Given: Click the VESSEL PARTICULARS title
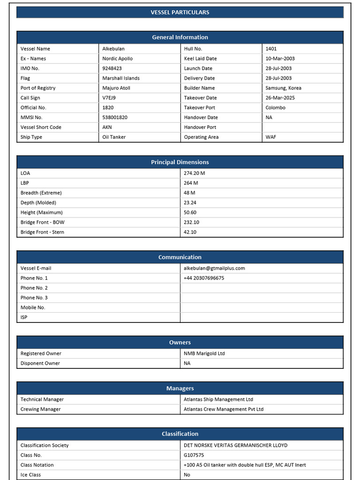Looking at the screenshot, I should pos(180,12).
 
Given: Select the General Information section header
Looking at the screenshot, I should pos(180,37).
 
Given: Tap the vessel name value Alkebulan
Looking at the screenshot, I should pos(113,49).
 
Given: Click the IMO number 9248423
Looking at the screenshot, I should pos(112,68).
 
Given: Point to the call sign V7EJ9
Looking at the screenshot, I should pos(109,98).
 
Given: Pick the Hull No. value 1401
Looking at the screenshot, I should pos(271,49).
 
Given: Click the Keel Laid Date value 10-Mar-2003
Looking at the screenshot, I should pos(280,59).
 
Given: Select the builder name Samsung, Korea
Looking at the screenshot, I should pos(283,88).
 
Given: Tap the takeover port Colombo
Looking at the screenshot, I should pos(275,108).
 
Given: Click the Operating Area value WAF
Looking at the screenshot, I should pos(270,137).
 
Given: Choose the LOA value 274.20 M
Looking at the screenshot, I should pos(194,173).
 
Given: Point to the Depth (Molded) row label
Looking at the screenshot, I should pos(38,203).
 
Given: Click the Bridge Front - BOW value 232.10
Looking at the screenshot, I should pos(191,223).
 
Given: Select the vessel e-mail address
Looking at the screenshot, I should pos(214,269).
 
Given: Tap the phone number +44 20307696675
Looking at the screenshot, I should pos(204,278).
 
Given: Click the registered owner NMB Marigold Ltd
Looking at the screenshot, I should pos(204,354).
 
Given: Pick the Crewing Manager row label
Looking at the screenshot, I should pos(41,409).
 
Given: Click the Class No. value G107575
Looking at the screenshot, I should pos(194,455).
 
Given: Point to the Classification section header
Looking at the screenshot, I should pos(180,434).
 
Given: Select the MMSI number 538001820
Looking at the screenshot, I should pos(115,118).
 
